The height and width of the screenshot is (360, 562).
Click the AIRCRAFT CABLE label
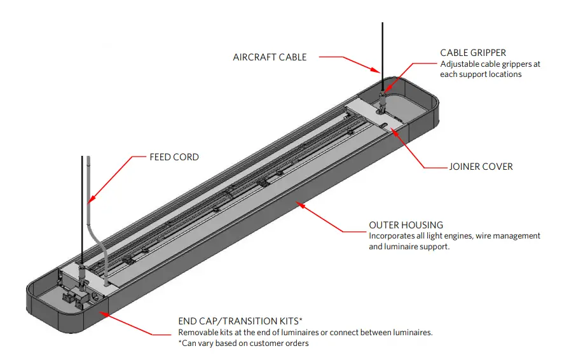(x=270, y=57)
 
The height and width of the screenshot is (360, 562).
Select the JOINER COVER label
(x=480, y=167)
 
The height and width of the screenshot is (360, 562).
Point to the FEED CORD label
(x=174, y=156)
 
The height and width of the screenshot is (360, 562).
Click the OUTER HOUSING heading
(x=406, y=225)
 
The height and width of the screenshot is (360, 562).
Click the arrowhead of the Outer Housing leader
(x=301, y=204)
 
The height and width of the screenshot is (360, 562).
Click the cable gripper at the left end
(x=83, y=275)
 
